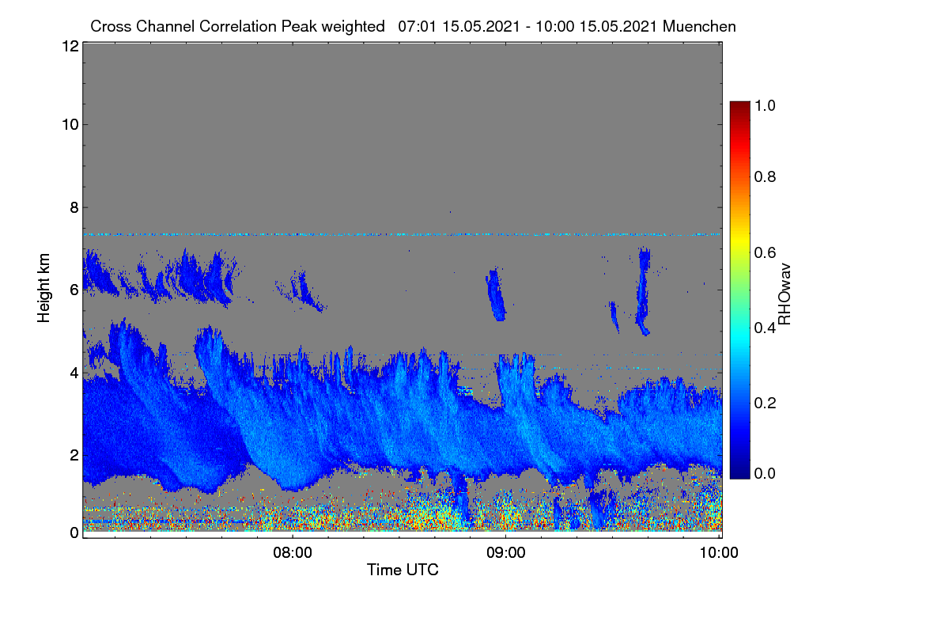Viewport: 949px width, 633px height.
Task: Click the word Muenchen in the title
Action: (699, 26)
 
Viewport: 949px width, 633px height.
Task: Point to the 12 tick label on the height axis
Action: (70, 46)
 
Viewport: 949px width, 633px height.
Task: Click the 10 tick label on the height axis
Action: (70, 125)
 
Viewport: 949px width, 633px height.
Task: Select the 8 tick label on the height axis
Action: (74, 207)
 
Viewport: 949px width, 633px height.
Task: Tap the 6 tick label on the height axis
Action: (74, 290)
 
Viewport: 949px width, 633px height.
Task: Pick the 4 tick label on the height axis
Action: (74, 373)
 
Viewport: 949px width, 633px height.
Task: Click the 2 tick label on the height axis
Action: (74, 455)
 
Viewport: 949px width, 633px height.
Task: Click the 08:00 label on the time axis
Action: (293, 552)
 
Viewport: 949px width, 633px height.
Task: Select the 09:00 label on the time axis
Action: (506, 552)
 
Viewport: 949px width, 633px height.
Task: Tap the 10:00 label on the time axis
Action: (719, 552)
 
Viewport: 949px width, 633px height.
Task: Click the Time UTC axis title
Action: (403, 570)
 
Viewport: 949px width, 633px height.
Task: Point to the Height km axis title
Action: (43, 288)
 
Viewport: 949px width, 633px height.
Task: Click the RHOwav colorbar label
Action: (785, 294)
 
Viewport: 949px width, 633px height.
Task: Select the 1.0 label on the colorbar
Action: (765, 105)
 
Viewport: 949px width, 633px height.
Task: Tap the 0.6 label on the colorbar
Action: (765, 252)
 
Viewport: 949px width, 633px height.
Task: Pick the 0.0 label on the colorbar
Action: (765, 473)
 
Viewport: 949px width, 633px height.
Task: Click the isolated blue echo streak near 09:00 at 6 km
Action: (495, 294)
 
